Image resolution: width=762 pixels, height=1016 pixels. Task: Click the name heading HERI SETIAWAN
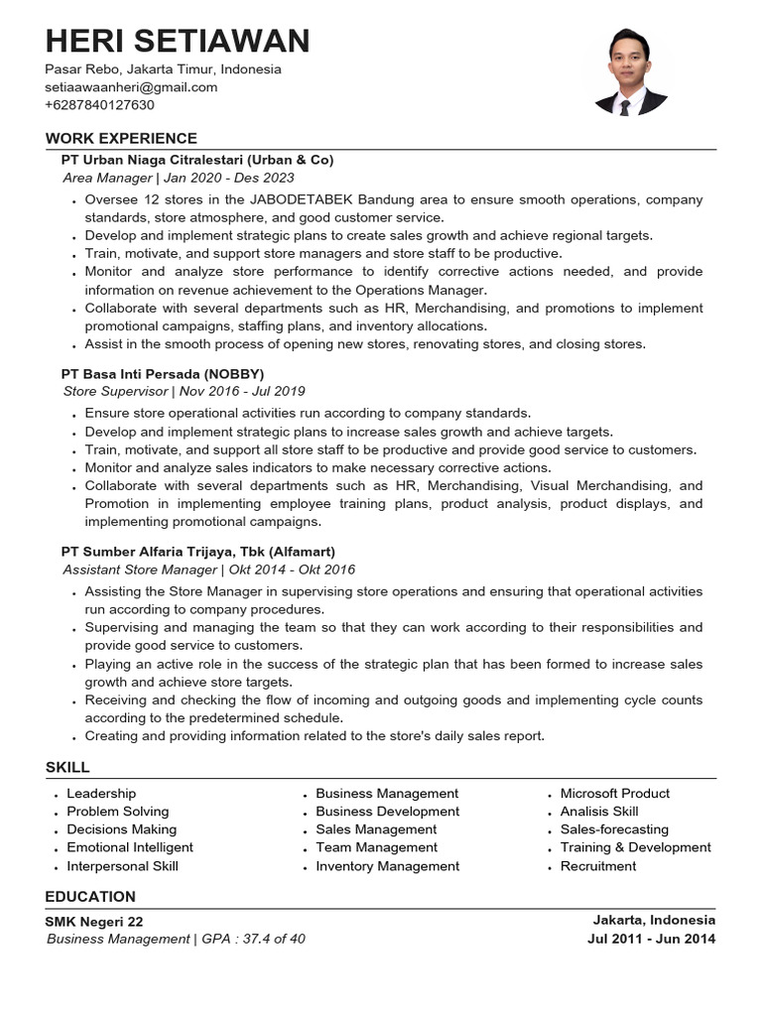pos(178,41)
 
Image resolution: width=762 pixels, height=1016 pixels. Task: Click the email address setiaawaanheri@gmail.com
pos(131,87)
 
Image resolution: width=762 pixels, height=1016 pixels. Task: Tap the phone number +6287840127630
pos(99,105)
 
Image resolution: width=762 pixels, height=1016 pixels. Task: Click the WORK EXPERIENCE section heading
pos(121,139)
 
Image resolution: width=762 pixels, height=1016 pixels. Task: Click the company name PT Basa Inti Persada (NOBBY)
pos(163,374)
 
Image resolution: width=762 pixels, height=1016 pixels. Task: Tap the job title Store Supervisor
pos(115,392)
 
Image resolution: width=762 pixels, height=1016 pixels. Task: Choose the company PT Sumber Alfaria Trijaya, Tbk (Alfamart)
pos(198,552)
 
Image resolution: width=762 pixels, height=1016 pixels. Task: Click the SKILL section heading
pos(67,767)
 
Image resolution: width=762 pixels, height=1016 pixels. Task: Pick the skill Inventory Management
pos(388,866)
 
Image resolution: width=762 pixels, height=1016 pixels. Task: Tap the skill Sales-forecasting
pos(614,829)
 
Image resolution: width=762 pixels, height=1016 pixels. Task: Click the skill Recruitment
pos(598,866)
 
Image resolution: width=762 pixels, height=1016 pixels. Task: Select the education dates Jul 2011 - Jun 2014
pos(651,939)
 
